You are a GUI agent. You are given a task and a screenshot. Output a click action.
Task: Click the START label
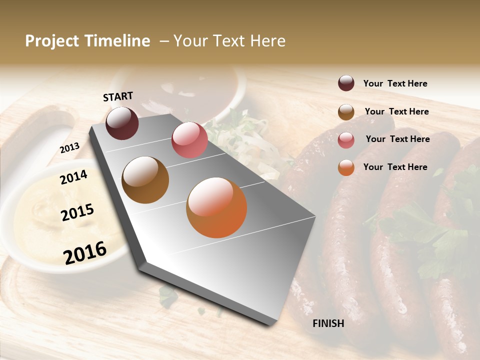(118, 96)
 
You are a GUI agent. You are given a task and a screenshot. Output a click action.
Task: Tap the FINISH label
(328, 323)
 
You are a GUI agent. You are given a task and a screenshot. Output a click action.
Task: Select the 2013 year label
(69, 148)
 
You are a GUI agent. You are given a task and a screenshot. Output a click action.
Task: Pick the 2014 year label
(73, 177)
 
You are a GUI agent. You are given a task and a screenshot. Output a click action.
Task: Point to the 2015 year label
(77, 212)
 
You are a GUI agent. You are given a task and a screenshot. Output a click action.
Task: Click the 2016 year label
(85, 252)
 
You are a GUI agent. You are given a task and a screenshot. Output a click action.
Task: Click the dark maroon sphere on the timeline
(122, 123)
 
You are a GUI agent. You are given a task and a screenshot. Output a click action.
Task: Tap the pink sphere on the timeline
(189, 140)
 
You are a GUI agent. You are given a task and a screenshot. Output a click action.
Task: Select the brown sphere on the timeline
(145, 180)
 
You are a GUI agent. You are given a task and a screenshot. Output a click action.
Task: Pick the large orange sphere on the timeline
(216, 207)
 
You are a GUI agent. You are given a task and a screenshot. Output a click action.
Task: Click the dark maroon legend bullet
(346, 83)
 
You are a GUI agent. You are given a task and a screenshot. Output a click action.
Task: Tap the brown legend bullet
(346, 111)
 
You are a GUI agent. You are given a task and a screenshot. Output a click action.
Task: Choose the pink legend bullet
(346, 139)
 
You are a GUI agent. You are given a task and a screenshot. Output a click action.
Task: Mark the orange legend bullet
(346, 167)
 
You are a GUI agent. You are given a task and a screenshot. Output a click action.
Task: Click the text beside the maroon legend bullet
(395, 83)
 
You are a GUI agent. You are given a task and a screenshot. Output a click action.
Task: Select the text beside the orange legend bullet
(395, 167)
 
